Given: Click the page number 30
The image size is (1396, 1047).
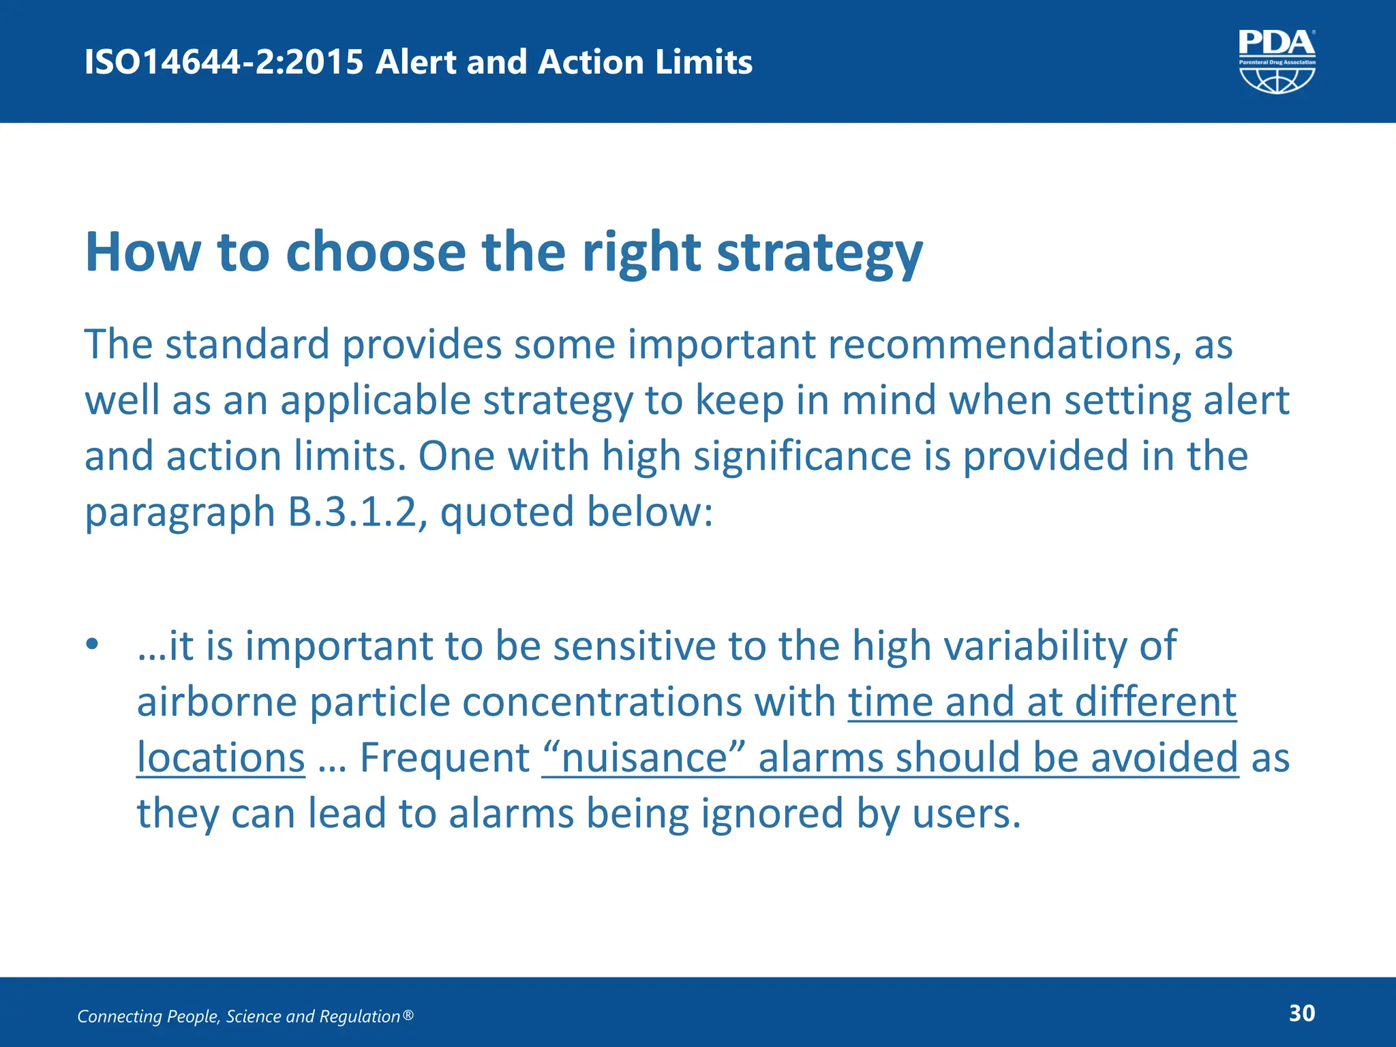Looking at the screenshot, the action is click(x=1301, y=1013).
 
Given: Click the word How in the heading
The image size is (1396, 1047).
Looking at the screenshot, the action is click(x=142, y=252).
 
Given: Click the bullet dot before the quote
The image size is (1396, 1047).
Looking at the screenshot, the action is click(x=93, y=644).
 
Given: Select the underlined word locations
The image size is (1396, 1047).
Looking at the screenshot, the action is click(x=221, y=757).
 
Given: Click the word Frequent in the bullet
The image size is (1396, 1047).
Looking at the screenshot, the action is click(x=444, y=757).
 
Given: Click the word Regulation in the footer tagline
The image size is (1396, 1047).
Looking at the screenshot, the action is click(x=359, y=1016).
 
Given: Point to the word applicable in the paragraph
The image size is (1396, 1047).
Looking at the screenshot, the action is click(x=375, y=400).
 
